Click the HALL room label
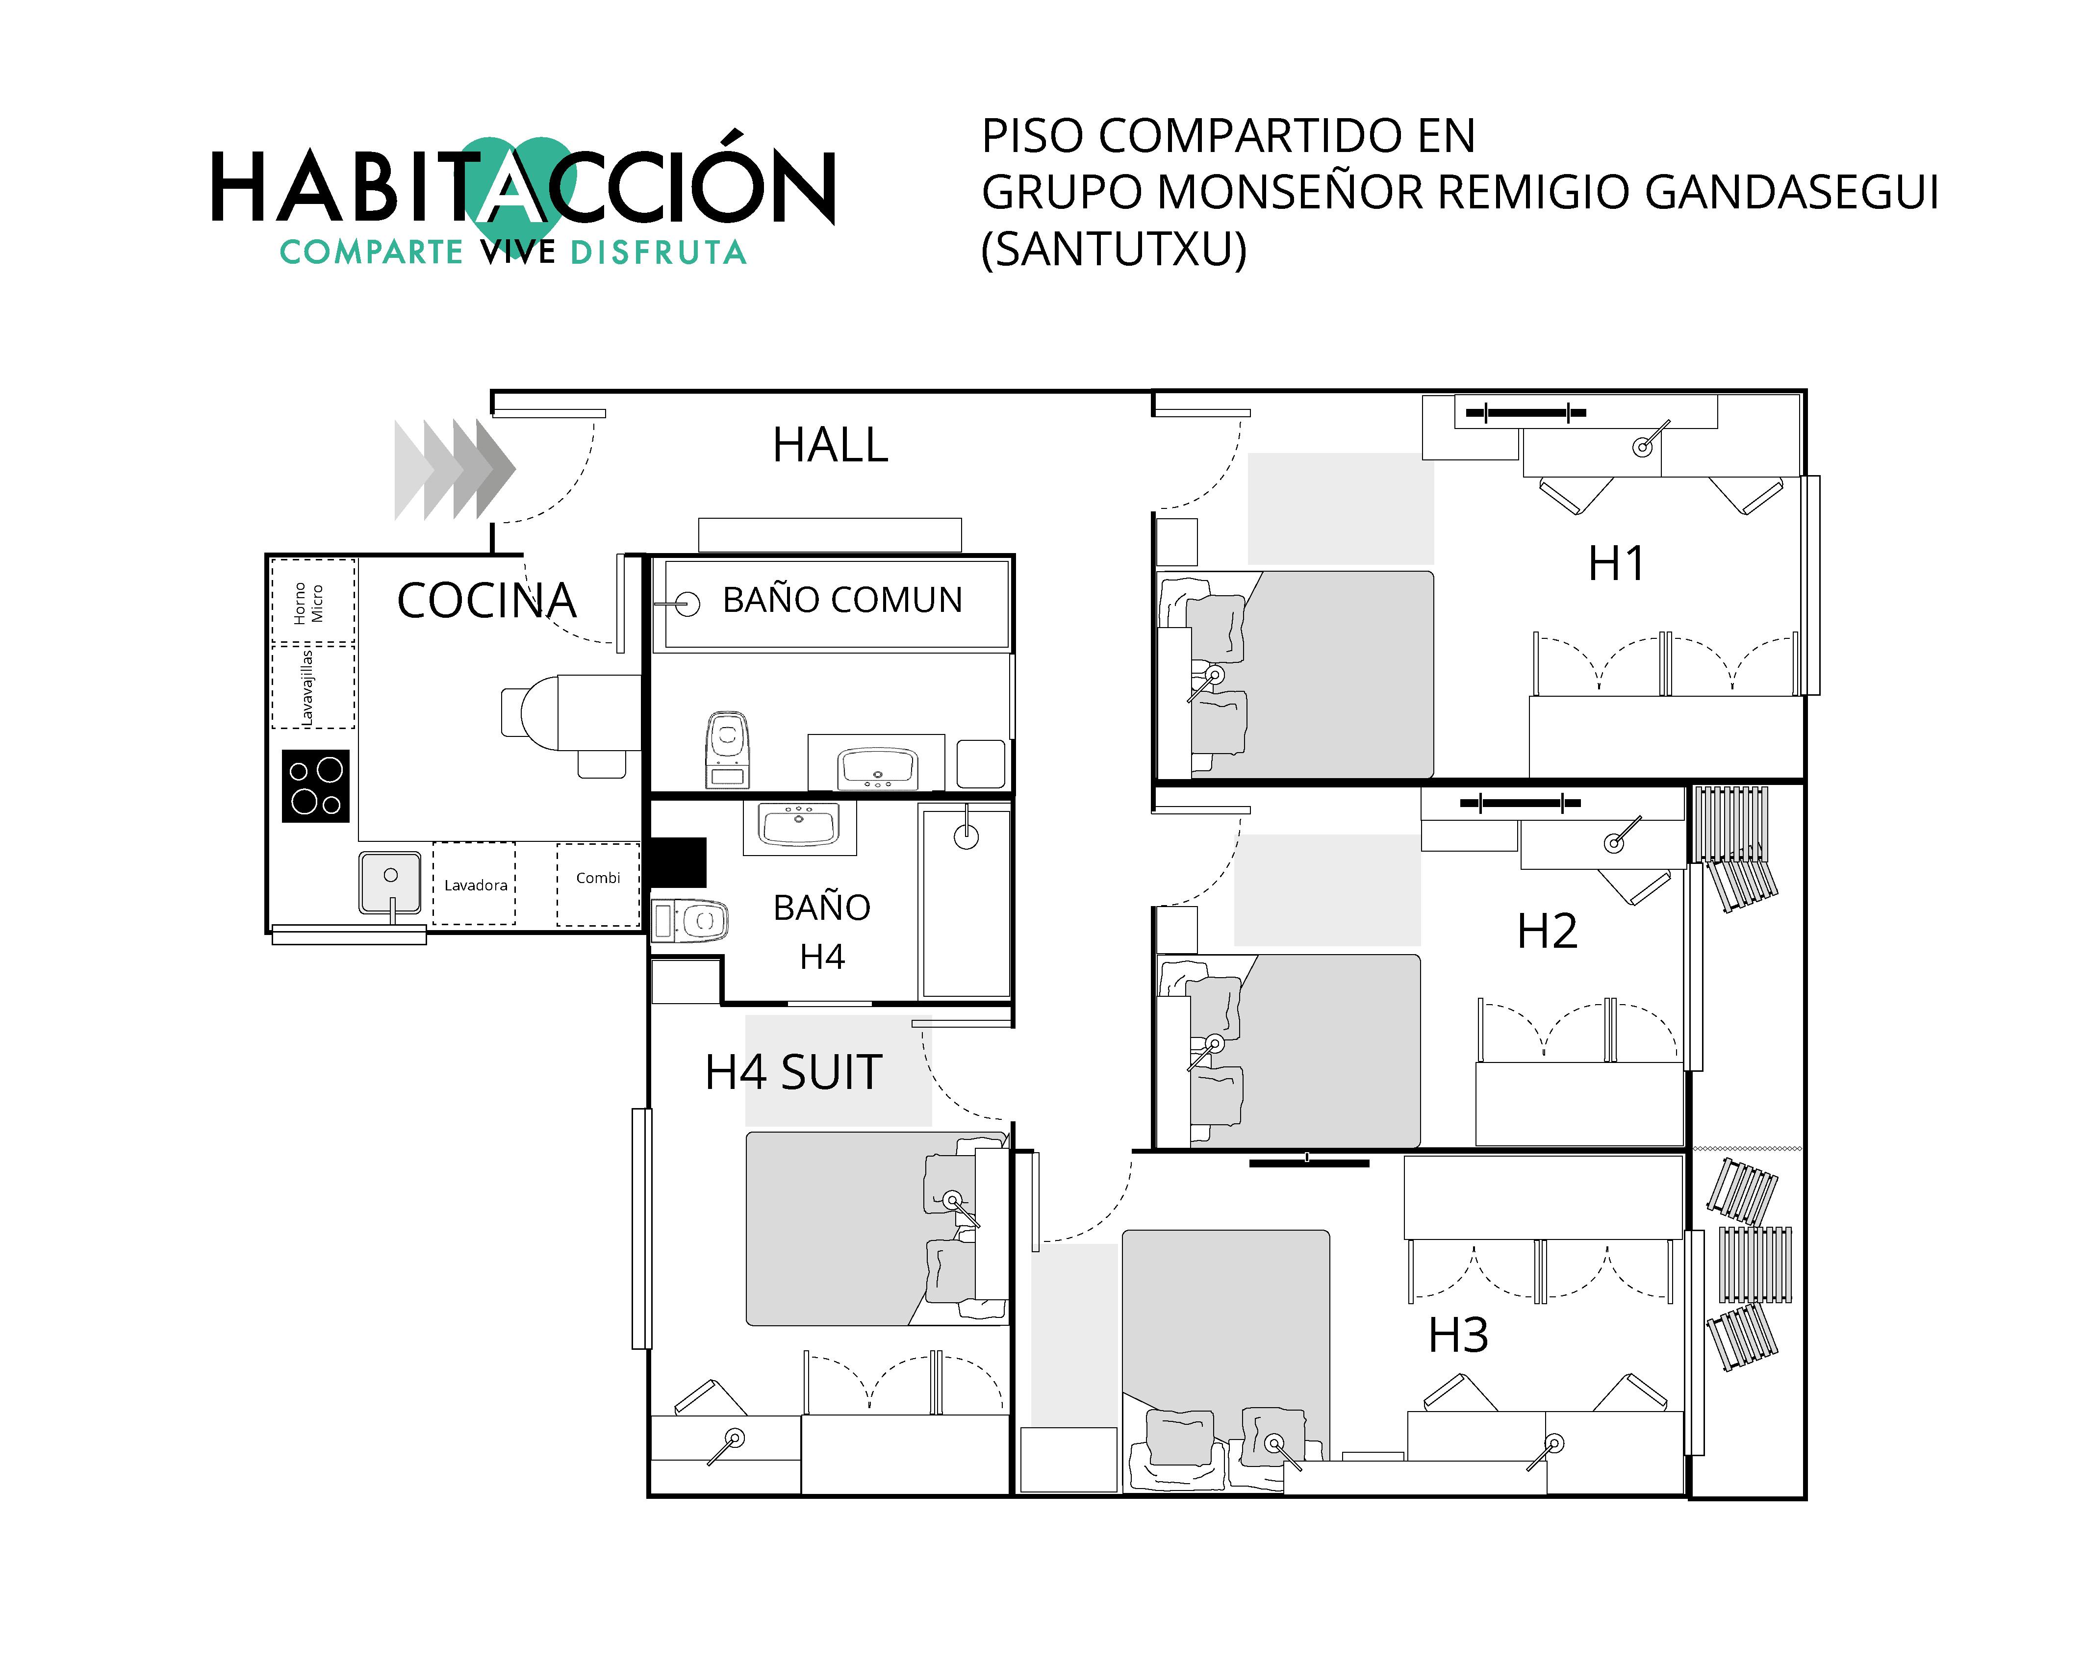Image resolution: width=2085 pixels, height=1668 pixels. pos(830,445)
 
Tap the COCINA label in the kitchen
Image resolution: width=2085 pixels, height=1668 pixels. pos(486,601)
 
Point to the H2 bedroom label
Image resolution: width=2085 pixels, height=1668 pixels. pos(1547,931)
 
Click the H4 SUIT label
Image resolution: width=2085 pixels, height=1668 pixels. pos(793,1072)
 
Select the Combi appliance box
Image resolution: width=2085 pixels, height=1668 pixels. pos(598,884)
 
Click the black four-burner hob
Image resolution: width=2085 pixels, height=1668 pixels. pos(315,786)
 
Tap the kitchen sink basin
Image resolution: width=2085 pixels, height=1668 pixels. pos(390,882)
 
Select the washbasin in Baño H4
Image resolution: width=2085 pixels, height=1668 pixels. pos(799,828)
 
